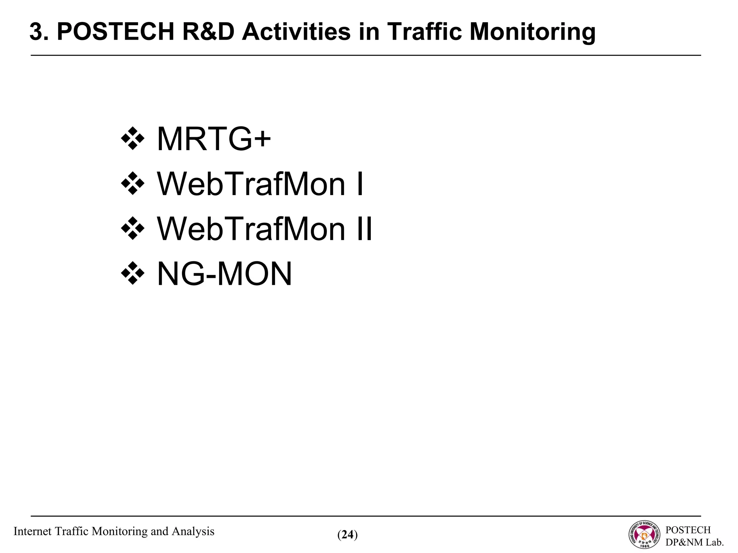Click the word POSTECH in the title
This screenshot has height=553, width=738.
pyautogui.click(x=115, y=32)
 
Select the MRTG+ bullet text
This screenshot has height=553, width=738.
pyautogui.click(x=213, y=139)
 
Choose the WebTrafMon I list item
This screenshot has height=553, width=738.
pyautogui.click(x=260, y=184)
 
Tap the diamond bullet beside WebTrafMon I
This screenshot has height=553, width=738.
pyautogui.click(x=133, y=184)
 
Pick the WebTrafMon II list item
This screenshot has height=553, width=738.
pyautogui.click(x=264, y=229)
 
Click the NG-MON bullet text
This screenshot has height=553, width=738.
pyautogui.click(x=224, y=274)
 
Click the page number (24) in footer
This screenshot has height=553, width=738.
pyautogui.click(x=347, y=535)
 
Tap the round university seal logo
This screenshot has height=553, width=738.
pyautogui.click(x=645, y=535)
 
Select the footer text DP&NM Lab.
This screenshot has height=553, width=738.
pyautogui.click(x=694, y=542)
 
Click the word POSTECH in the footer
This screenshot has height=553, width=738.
pyautogui.click(x=688, y=530)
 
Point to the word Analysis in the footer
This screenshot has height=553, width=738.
pyautogui.click(x=193, y=531)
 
